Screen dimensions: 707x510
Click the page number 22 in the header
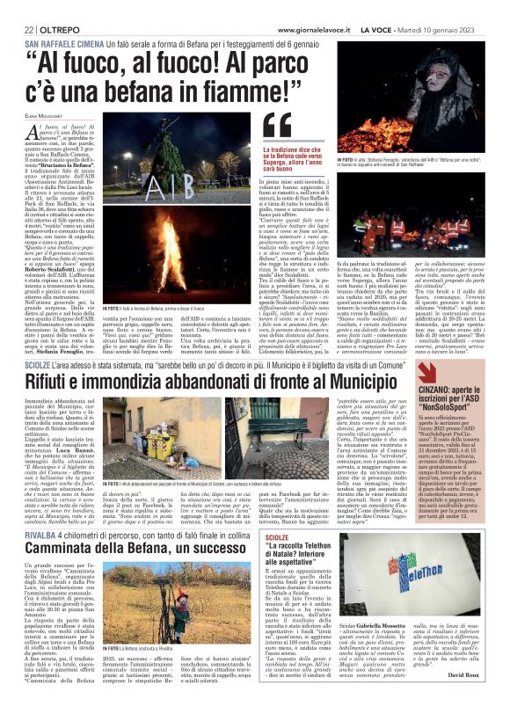coord(28,30)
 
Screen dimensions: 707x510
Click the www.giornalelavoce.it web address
coord(314,30)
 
